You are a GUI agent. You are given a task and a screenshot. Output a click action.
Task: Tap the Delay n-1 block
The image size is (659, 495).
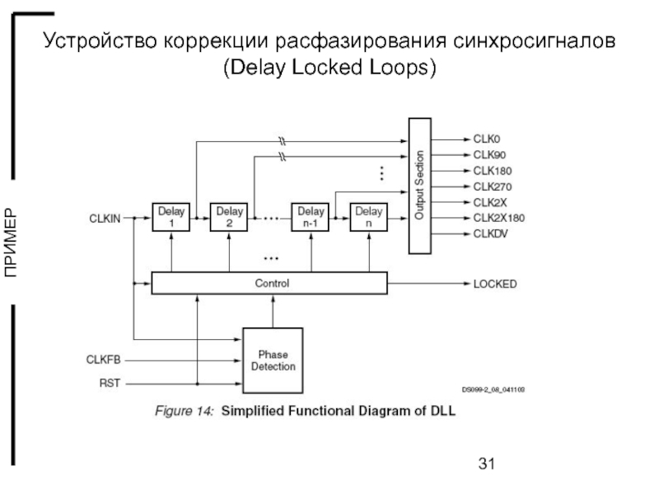pos(311,218)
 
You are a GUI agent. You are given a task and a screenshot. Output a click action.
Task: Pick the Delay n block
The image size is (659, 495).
pos(369,218)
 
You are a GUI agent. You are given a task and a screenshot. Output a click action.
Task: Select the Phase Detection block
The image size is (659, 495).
pos(273,361)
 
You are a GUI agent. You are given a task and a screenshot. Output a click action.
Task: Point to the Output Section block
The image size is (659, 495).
pos(420,185)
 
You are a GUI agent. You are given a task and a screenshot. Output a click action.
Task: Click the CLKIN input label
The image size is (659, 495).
pos(105,219)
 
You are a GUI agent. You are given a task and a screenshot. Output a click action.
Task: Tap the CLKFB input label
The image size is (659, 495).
pos(104,360)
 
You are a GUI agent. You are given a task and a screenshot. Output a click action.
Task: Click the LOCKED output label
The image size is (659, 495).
pos(495,284)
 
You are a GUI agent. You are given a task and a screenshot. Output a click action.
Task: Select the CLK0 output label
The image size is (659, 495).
pos(488,139)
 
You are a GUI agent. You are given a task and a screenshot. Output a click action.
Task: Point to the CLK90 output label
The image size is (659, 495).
pos(490,154)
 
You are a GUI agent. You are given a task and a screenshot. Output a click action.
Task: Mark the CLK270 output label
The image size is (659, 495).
pos(493,186)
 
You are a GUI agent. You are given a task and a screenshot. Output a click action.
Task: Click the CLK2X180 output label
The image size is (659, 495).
pos(498,218)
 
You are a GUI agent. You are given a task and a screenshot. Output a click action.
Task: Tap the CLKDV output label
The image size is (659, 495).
pos(492,234)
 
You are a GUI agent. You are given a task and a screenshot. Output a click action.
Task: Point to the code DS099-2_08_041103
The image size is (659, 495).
pos(494,389)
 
